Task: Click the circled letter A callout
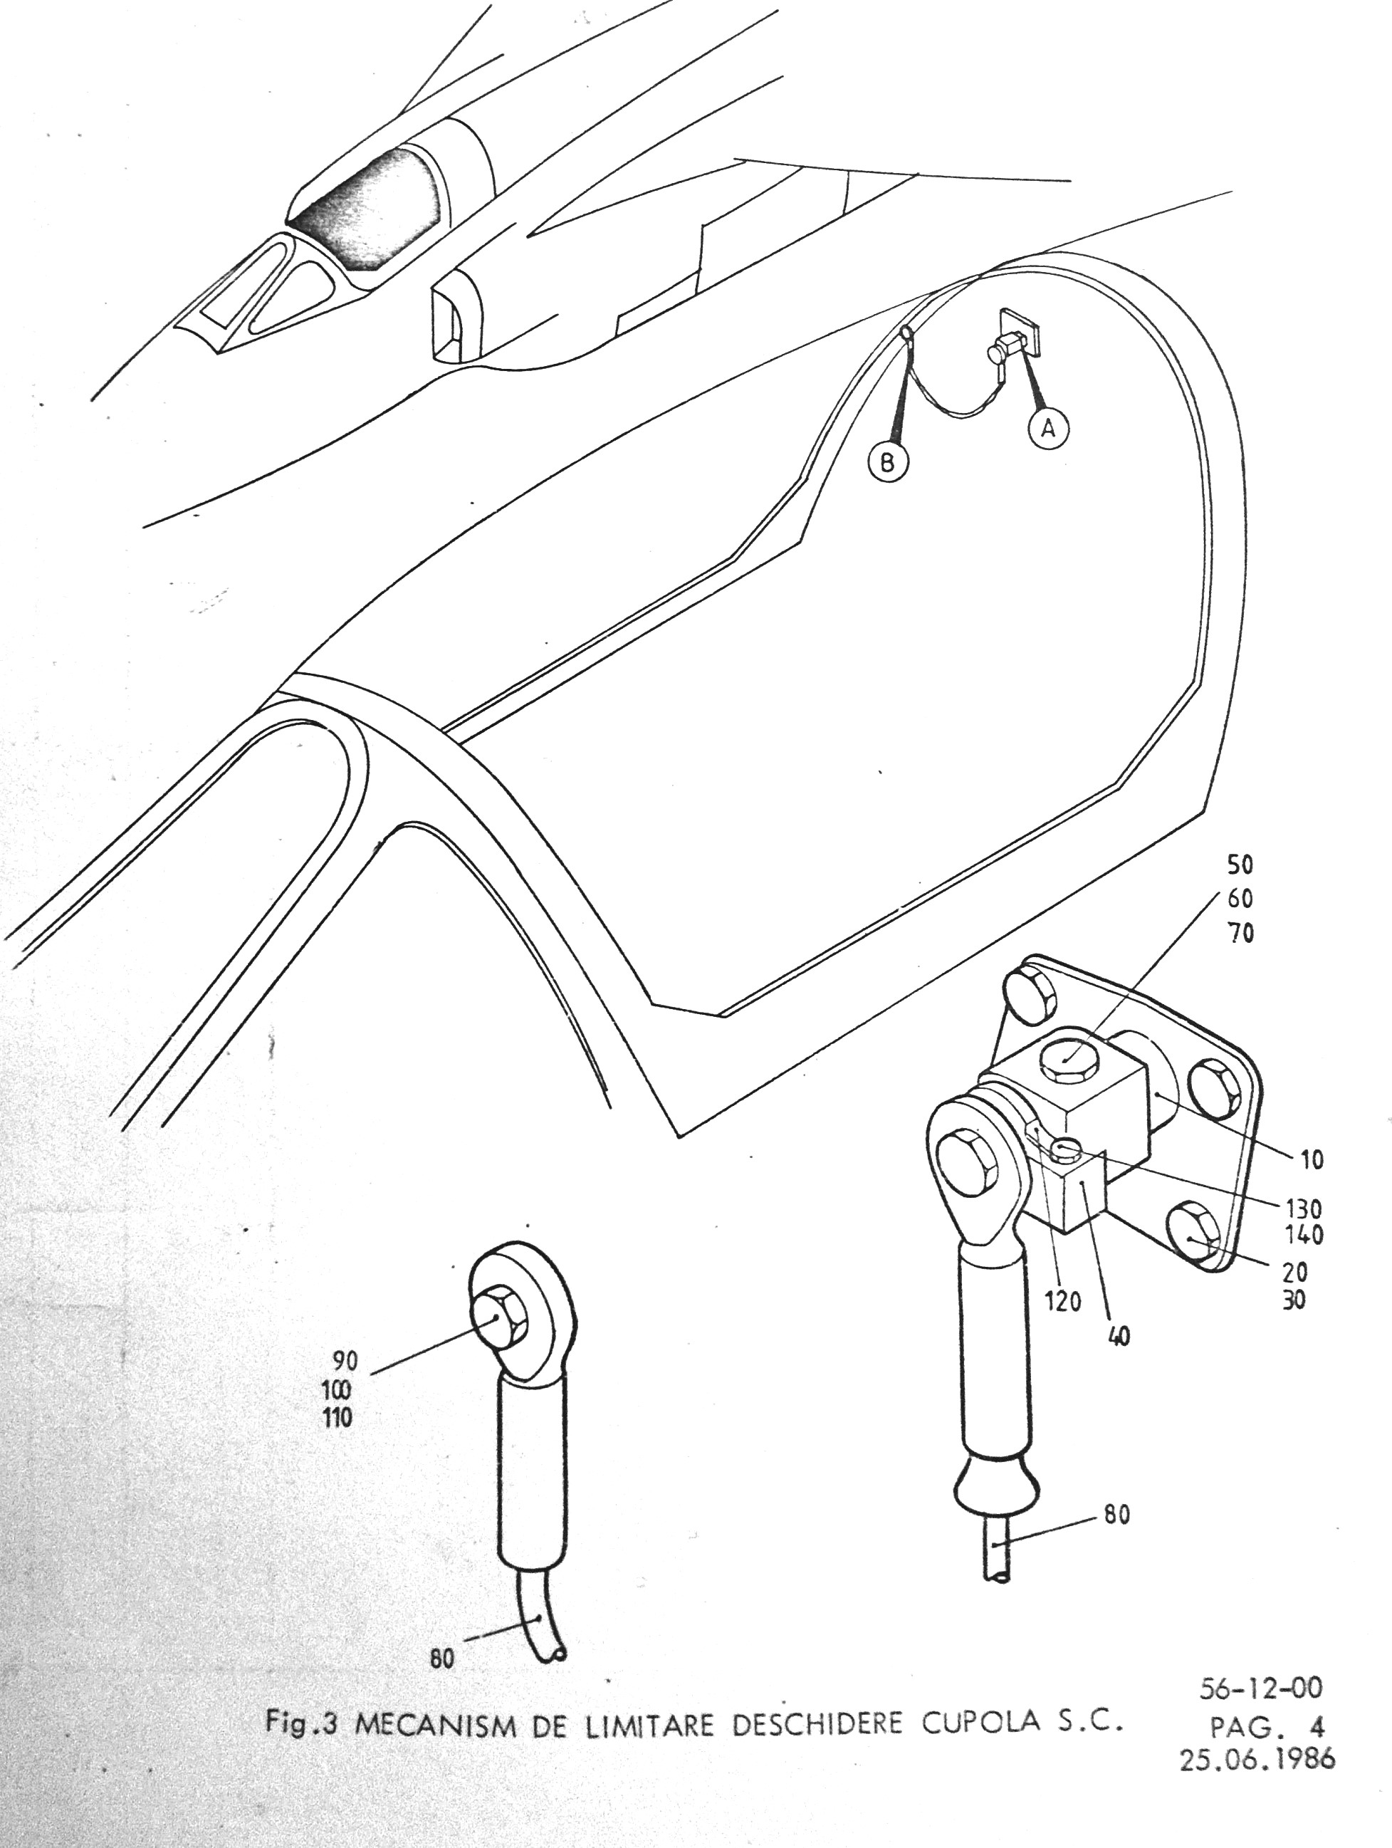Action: pyautogui.click(x=1048, y=429)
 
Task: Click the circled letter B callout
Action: pyautogui.click(x=888, y=462)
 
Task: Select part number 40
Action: pyautogui.click(x=1119, y=1336)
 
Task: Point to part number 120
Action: pyautogui.click(x=1063, y=1301)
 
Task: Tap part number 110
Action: pyautogui.click(x=337, y=1418)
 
